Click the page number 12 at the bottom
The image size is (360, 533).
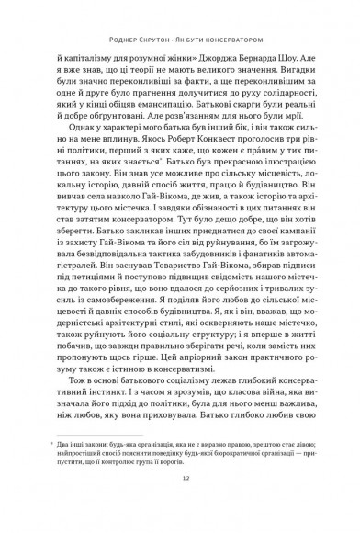(x=180, y=505)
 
